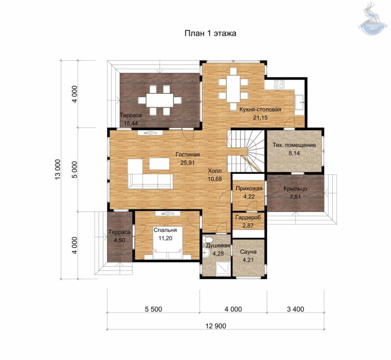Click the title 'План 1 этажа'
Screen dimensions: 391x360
pos(210,33)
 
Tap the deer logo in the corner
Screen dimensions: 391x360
pos(372,18)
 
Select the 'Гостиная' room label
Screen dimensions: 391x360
pos(187,155)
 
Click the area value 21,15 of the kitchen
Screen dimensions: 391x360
pos(260,118)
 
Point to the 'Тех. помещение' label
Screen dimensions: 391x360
pos(294,145)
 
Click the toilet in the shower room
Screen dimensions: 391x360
pos(208,240)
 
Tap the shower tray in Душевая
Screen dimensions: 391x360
pos(223,268)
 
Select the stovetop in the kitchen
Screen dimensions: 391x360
pos(279,84)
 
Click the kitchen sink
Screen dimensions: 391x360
pos(299,102)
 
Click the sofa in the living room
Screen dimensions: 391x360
pos(150,181)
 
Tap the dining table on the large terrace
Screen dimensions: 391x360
pos(160,100)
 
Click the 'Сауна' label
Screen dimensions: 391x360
pos(248,252)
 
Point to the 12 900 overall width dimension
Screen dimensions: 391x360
pos(216,326)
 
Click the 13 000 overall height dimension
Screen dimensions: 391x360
pos(57,169)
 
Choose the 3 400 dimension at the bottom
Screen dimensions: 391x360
pos(296,309)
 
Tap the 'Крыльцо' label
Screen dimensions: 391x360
pos(295,189)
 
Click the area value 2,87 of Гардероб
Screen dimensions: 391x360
pos(248,226)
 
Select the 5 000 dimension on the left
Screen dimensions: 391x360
pos(74,170)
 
